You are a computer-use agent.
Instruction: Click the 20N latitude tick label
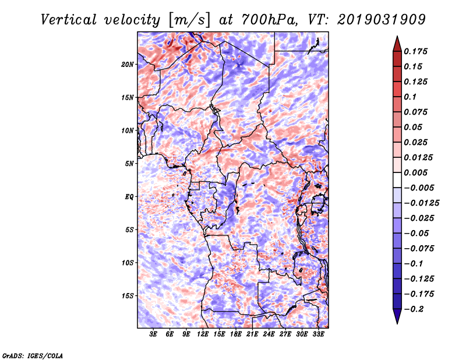tap(128, 65)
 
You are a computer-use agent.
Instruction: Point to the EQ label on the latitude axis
tap(129, 197)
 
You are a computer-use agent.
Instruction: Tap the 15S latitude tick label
tap(128, 296)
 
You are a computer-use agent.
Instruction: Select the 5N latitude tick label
tap(129, 164)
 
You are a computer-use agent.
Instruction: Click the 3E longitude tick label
tap(153, 334)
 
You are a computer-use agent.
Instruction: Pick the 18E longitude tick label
tap(236, 334)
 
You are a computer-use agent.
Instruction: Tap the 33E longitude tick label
tap(318, 334)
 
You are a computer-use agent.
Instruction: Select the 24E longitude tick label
tap(269, 334)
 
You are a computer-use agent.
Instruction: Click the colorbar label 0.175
tap(416, 51)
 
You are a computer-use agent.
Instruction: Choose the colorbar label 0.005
tap(416, 172)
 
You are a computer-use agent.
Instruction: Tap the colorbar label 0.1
tap(410, 97)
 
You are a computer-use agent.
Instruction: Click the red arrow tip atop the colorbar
tap(397, 37)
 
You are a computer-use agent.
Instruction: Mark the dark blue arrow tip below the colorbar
tap(397, 323)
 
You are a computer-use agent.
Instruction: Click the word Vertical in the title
tap(69, 20)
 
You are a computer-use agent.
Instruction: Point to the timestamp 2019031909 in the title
tap(382, 20)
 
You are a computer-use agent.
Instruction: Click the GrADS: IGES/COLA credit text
tap(33, 355)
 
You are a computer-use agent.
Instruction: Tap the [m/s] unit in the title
tap(189, 20)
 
